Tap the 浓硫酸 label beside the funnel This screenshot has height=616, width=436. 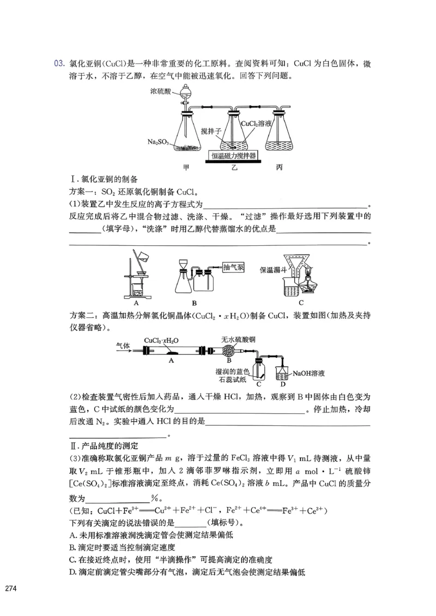(x=161, y=93)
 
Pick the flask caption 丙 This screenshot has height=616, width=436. (x=280, y=167)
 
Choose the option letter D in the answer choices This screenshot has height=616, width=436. (x=72, y=572)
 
